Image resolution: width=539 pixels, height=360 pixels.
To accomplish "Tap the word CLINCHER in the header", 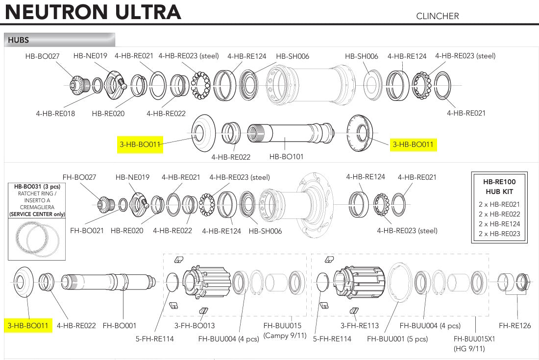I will (438, 16).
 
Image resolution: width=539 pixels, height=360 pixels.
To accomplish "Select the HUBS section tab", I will (19, 40).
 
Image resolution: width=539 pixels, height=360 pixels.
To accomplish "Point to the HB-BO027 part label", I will (42, 56).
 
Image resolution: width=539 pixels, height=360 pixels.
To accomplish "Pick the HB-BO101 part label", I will (287, 157).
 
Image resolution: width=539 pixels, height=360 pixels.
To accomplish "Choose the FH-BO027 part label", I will (79, 177).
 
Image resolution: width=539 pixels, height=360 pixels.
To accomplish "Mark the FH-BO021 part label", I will (87, 230).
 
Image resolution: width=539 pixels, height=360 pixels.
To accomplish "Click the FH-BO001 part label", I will (120, 325).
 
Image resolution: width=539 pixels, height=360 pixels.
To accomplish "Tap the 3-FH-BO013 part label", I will (195, 325).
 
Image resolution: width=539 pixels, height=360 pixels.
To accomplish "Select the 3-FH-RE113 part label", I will (361, 325).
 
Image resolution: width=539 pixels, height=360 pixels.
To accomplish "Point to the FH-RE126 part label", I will (514, 325).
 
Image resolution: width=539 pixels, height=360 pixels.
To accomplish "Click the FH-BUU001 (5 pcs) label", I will (397, 339).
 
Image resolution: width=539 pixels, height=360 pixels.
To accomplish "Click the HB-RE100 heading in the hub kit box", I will (499, 182).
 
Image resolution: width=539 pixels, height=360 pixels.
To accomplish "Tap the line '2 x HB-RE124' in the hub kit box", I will (499, 224).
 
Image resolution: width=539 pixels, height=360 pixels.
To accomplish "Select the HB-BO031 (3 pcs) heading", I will (37, 187).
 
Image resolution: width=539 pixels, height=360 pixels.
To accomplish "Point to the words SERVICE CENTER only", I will (37, 214).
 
